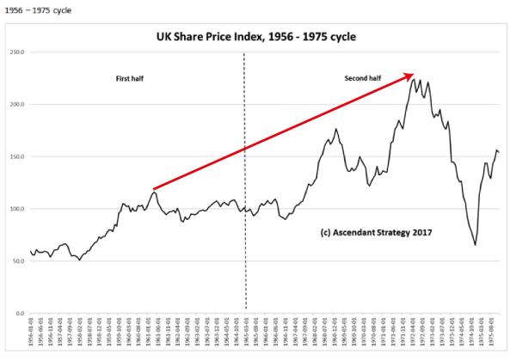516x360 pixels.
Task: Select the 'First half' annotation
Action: point(130,78)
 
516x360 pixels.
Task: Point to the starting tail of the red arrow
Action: point(153,188)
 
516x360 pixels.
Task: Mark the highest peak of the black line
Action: point(415,78)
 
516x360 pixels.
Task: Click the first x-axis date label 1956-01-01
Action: point(33,333)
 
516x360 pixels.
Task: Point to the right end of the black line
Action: point(499,153)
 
